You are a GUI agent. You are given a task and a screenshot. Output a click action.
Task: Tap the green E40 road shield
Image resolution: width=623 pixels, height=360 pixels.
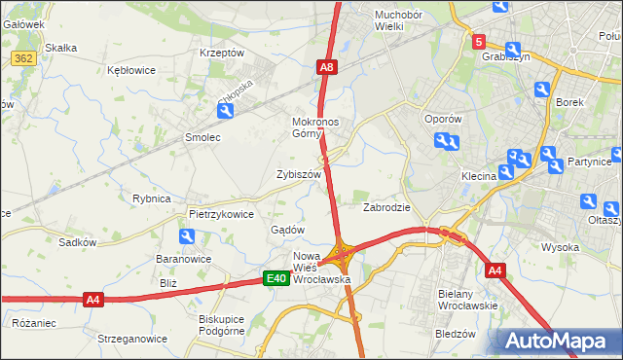click(276, 279)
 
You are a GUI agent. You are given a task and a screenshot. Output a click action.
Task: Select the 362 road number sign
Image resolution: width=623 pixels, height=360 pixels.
click(24, 60)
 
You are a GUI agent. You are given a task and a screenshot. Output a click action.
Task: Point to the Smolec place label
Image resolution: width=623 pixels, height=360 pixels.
click(203, 138)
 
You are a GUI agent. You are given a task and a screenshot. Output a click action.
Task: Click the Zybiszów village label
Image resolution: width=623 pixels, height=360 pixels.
click(299, 174)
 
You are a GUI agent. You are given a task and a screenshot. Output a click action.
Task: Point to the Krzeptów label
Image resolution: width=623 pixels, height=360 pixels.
click(221, 53)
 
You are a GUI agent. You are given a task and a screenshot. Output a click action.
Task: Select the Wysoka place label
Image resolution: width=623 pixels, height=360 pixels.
click(561, 247)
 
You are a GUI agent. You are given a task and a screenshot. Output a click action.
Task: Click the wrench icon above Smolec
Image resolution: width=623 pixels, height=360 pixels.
click(226, 112)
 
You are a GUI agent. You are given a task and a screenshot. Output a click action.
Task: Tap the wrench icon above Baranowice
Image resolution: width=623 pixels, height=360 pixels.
click(186, 236)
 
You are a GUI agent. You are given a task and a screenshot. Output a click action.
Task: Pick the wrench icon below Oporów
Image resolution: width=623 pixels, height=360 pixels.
click(449, 143)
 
